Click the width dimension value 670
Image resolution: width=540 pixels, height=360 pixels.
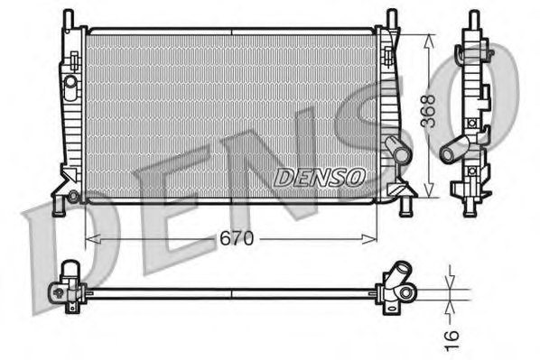pos(237,239)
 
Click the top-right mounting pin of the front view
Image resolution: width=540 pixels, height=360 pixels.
pos(391,18)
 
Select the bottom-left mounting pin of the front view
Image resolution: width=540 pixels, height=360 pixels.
pos(60,207)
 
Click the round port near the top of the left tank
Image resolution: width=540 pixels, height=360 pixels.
pos(70,82)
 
